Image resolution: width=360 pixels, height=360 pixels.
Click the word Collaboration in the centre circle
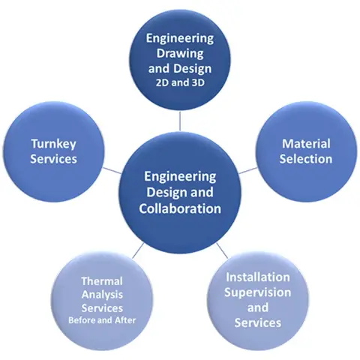[180, 208]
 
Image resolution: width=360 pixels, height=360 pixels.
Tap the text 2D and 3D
[180, 82]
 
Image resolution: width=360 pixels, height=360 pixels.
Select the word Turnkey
[53, 144]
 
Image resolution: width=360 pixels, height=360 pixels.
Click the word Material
[306, 144]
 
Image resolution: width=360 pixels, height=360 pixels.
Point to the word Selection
[306, 159]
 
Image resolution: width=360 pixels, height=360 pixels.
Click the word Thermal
[102, 281]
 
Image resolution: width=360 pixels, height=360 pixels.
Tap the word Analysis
[102, 295]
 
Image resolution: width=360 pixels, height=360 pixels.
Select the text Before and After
[102, 320]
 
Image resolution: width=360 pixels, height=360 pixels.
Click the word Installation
[258, 277]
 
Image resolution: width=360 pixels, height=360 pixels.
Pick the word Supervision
[258, 292]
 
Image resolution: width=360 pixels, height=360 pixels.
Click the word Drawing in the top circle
[180, 54]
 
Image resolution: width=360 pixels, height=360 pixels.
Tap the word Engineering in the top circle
[180, 38]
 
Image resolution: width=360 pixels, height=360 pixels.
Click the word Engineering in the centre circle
[180, 177]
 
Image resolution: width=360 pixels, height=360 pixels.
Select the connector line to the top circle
[180, 121]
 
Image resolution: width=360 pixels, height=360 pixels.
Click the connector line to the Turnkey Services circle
[112, 170]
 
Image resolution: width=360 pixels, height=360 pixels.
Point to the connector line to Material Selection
[248, 170]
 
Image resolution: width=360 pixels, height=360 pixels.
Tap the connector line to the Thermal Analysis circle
[138, 250]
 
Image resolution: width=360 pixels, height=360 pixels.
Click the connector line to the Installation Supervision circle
[222, 250]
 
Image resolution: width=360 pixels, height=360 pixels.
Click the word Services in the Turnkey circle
[53, 159]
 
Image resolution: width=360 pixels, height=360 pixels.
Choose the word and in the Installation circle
[258, 307]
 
